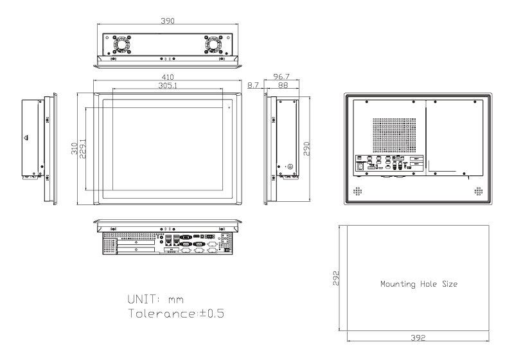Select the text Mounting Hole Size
[x=418, y=283]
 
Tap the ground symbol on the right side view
[x=288, y=167]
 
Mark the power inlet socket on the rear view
[x=361, y=168]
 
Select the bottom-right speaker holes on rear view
[x=478, y=191]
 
